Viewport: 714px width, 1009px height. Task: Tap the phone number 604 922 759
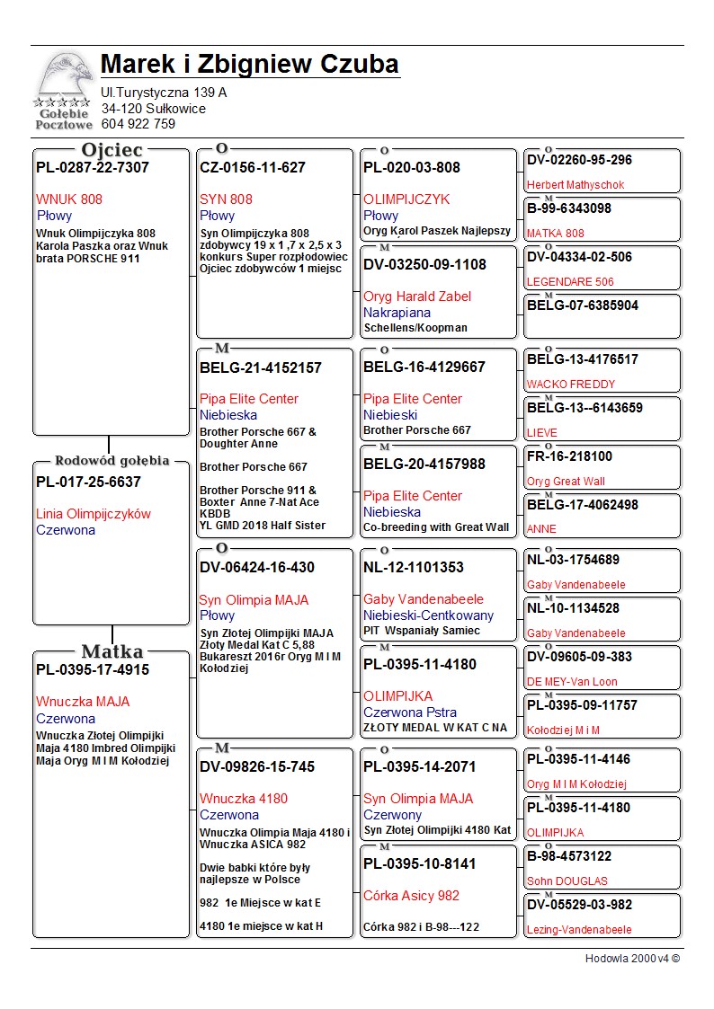point(138,125)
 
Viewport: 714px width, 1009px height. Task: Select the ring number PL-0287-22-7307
point(93,168)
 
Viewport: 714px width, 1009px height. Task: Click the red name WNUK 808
point(69,199)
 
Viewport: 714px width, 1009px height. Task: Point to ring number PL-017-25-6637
point(88,482)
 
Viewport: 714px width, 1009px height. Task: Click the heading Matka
point(112,651)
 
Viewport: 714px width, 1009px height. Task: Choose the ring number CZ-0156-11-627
point(253,168)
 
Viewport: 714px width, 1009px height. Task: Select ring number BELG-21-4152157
point(261,368)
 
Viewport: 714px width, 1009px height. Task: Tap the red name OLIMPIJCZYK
point(406,199)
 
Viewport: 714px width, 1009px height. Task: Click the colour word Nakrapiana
point(397,313)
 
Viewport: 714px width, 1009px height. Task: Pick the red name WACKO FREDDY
point(571,385)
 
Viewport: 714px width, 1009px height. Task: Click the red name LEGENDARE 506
point(570,282)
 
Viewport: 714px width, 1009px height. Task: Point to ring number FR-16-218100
point(569,456)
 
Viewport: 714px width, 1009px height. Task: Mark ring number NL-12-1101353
point(414,568)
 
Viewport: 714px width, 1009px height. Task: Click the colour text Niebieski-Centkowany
point(428,615)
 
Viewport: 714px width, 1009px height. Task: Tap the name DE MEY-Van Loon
point(572,682)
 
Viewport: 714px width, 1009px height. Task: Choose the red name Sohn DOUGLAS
point(567,881)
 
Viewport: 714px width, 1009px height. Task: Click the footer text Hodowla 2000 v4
point(627,959)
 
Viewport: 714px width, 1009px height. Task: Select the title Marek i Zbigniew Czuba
point(250,65)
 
